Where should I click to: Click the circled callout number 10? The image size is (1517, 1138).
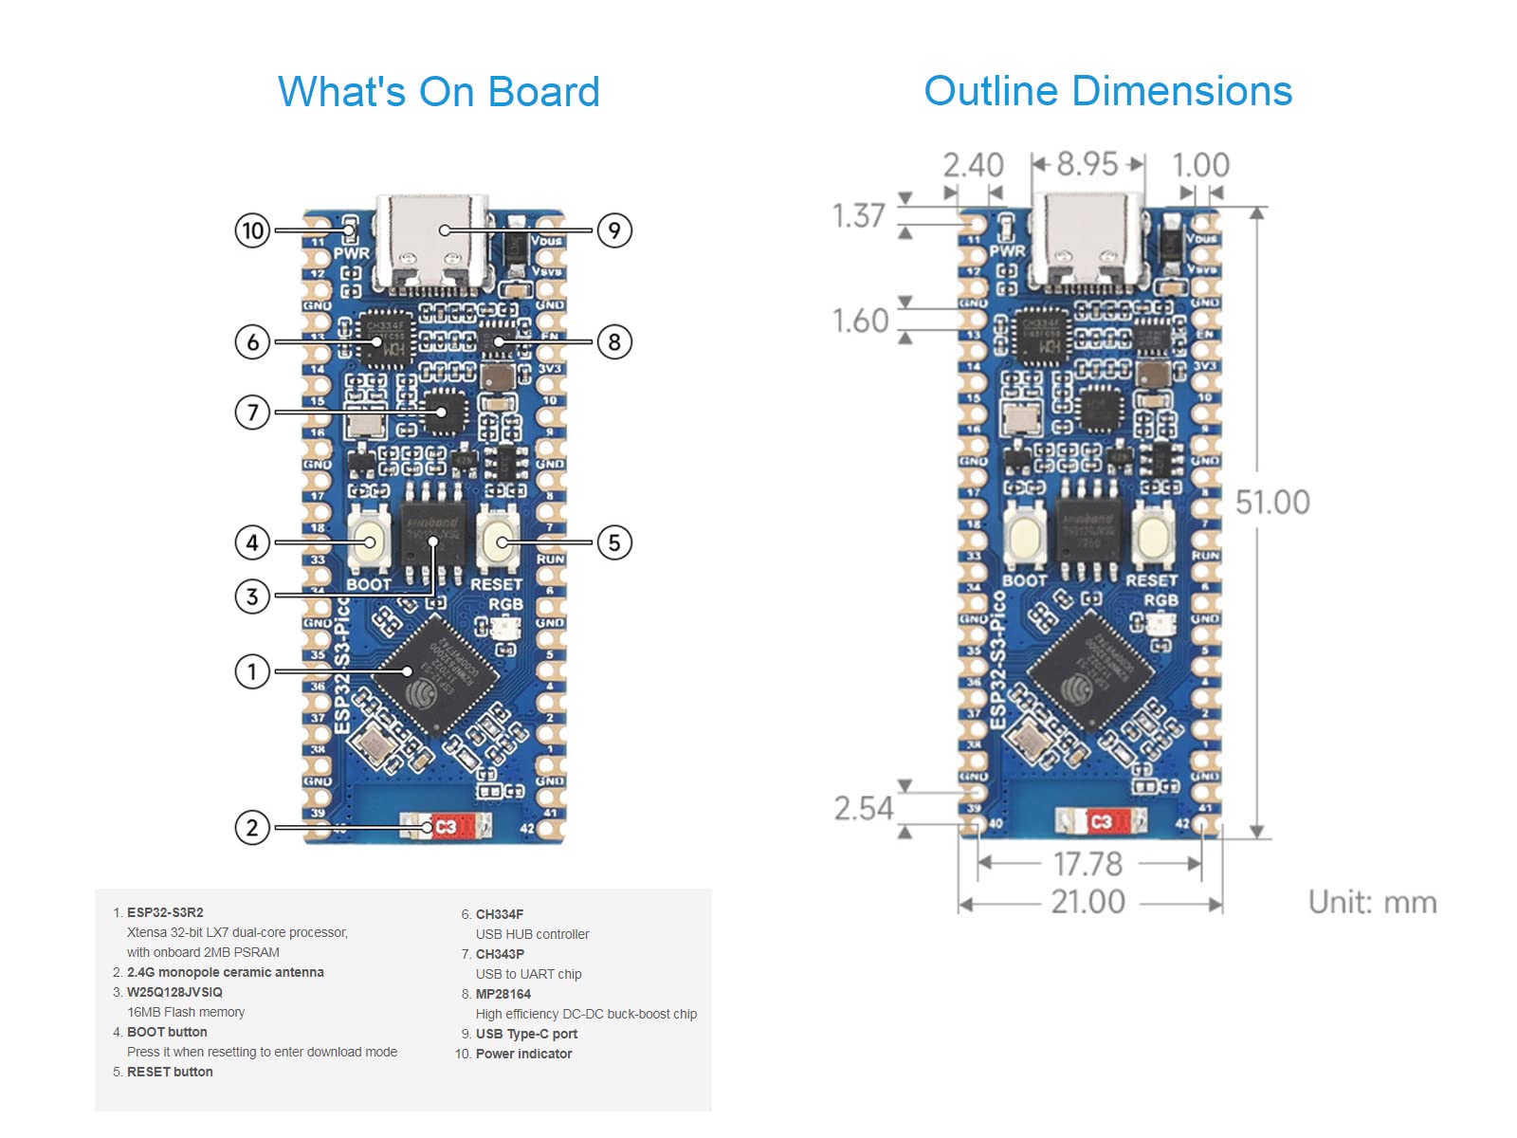point(252,230)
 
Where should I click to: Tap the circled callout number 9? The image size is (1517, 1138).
point(614,230)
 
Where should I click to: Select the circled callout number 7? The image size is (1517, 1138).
point(252,413)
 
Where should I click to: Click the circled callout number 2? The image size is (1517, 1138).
point(252,828)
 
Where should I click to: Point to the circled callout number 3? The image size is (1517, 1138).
point(252,597)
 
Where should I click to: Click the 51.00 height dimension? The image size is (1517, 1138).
point(1272,503)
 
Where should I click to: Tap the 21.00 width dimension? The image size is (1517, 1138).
point(1087,902)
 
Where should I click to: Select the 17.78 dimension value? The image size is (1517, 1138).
point(1087,864)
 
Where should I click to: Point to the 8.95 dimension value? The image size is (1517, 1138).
point(1087,164)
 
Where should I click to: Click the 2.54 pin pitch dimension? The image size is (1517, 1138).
point(864,809)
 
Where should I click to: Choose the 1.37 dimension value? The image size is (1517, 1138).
point(858,216)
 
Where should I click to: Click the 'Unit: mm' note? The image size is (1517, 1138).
point(1372,902)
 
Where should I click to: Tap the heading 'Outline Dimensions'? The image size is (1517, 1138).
point(1107,91)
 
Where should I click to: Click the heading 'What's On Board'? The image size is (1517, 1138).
point(439,92)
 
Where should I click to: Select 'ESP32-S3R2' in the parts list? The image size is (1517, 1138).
point(165,912)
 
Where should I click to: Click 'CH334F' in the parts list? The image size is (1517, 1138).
point(500,914)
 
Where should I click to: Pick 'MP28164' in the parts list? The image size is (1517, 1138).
point(503,994)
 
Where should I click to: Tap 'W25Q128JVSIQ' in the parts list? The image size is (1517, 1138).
point(174,992)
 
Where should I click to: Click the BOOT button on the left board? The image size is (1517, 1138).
point(369,541)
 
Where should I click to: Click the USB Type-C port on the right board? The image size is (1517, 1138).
point(1087,242)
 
